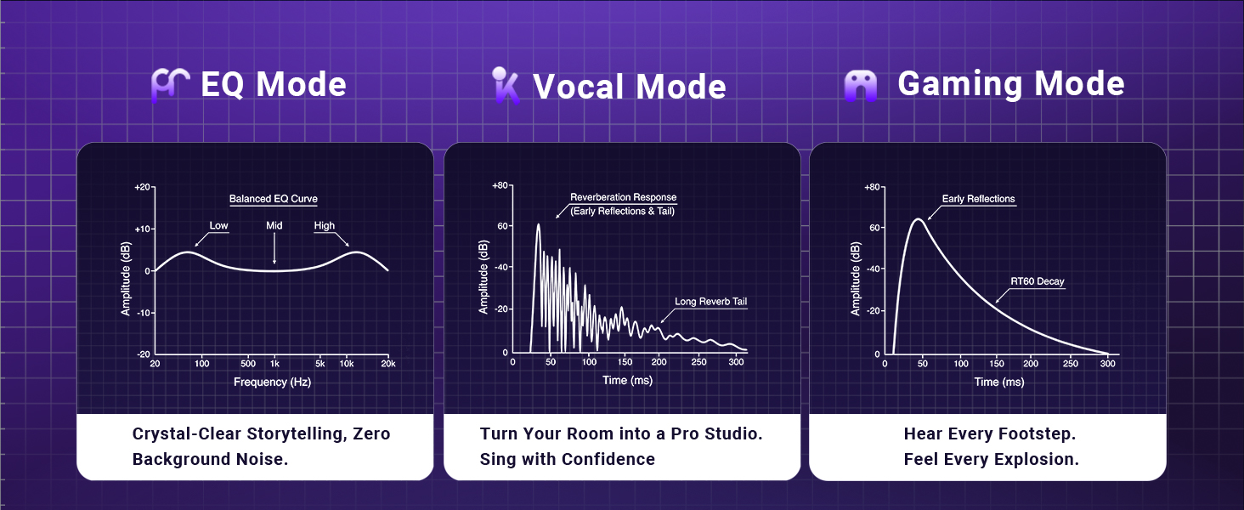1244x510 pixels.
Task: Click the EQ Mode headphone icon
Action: [170, 85]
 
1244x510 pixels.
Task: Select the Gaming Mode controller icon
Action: [860, 86]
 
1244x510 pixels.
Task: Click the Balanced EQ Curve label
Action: [274, 199]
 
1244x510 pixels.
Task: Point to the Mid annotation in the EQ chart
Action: [274, 225]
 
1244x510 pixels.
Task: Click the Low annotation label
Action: [219, 225]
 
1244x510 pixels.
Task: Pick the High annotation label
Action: [325, 225]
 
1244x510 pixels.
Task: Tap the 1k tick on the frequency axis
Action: [274, 364]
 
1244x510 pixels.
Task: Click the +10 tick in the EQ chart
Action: [142, 229]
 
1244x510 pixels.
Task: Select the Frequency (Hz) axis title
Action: [272, 382]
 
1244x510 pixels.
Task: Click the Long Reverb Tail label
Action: [711, 302]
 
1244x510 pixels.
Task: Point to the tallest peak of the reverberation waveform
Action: [538, 225]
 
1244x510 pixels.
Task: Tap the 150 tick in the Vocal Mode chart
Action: [625, 362]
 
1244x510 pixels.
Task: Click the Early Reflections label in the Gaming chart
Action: [979, 199]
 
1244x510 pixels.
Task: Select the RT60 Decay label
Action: [1038, 281]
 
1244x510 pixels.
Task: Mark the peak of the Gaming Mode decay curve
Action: [919, 219]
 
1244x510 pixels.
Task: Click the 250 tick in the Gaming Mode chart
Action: [1070, 364]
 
